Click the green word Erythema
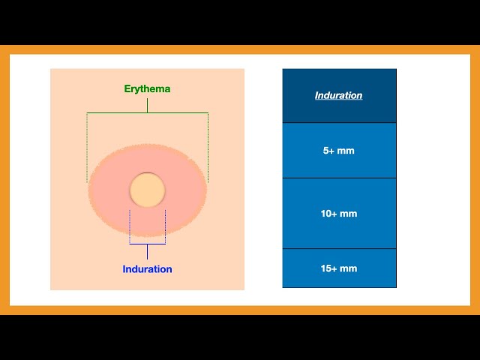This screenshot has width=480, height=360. pyautogui.click(x=147, y=89)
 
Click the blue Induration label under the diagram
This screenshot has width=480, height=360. pyautogui.click(x=147, y=269)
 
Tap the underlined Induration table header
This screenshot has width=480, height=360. pyautogui.click(x=338, y=95)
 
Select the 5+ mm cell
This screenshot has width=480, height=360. pyautogui.click(x=339, y=150)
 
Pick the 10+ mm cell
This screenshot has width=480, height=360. pyautogui.click(x=339, y=213)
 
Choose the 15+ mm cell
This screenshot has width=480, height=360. pyautogui.click(x=339, y=268)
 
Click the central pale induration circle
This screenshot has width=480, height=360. pyautogui.click(x=147, y=190)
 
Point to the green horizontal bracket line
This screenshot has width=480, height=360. pyautogui.click(x=148, y=113)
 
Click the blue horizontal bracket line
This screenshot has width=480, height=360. pyautogui.click(x=148, y=244)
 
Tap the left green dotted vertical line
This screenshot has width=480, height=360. pyautogui.click(x=87, y=148)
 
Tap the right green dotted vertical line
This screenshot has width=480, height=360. pyautogui.click(x=208, y=148)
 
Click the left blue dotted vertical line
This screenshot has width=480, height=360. pyautogui.click(x=130, y=226)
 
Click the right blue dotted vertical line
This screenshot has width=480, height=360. pyautogui.click(x=166, y=226)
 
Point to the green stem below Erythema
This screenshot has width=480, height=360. pyautogui.click(x=147, y=106)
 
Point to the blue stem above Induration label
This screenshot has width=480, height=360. pyautogui.click(x=147, y=252)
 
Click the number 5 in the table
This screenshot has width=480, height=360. pyautogui.click(x=325, y=151)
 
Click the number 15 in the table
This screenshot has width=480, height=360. pyautogui.click(x=325, y=268)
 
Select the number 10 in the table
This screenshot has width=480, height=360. pyautogui.click(x=325, y=213)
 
